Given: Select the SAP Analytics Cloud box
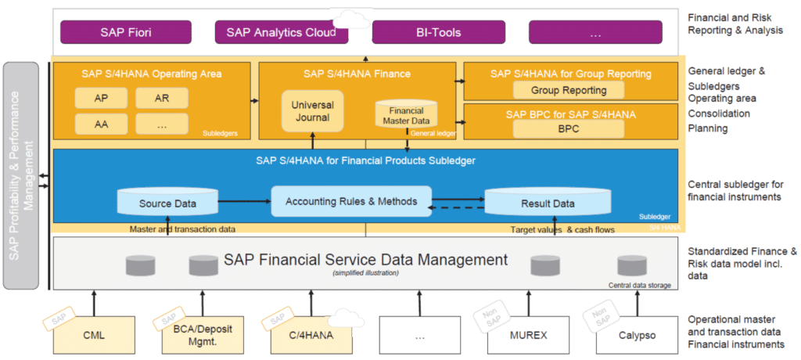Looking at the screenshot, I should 281,32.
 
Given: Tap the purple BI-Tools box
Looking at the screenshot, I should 437,32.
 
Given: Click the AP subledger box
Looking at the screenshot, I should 101,99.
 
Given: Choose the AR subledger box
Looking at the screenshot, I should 161,99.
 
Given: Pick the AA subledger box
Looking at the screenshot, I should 101,124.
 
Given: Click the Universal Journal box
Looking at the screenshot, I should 312,111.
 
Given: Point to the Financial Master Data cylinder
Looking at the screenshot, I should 406,114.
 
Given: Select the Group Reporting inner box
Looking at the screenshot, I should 569,90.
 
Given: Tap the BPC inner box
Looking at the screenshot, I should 569,129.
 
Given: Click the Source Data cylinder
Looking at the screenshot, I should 167,203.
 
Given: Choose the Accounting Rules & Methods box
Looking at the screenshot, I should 351,201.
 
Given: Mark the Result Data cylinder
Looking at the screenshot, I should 548,203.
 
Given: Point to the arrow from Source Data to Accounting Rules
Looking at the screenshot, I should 245,202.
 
